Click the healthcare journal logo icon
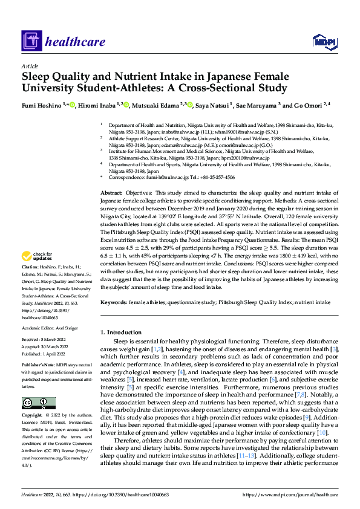[x=31, y=42]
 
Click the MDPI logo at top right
[x=323, y=41]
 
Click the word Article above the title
[x=30, y=66]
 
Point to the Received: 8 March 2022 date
[x=45, y=340]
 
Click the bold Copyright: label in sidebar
[x=33, y=416]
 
